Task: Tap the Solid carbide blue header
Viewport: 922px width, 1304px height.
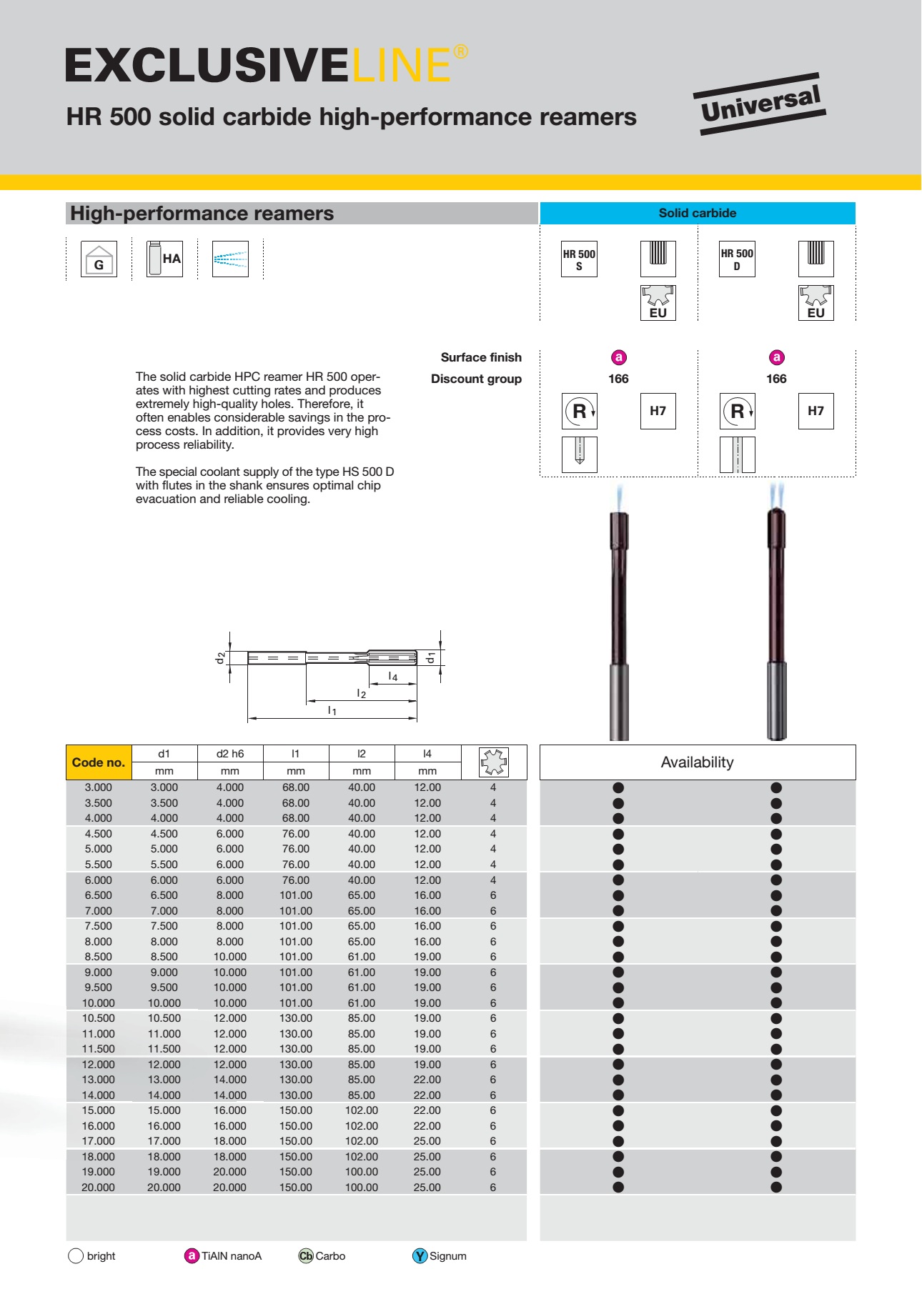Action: point(697,213)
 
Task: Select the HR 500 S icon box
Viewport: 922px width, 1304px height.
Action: point(579,259)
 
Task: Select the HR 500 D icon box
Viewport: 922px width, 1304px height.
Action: point(737,259)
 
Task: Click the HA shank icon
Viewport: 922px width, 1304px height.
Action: point(164,259)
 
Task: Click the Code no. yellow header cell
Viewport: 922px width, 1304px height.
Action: point(99,762)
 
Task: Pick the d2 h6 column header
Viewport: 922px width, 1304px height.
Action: point(230,754)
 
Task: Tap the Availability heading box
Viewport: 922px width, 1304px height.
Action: point(697,762)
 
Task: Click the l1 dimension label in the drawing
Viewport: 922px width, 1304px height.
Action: point(332,711)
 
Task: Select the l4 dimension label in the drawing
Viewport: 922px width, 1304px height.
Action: point(392,677)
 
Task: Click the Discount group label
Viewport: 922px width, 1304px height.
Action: point(476,379)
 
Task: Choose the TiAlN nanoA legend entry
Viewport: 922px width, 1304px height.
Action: point(224,1256)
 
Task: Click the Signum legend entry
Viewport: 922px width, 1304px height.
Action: point(440,1256)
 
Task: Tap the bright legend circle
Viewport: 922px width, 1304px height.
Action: point(76,1256)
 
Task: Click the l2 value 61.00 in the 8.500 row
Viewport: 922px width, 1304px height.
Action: point(362,957)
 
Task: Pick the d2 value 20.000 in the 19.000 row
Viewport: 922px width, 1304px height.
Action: point(230,1172)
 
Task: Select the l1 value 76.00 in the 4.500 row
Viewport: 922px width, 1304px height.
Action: point(296,834)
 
